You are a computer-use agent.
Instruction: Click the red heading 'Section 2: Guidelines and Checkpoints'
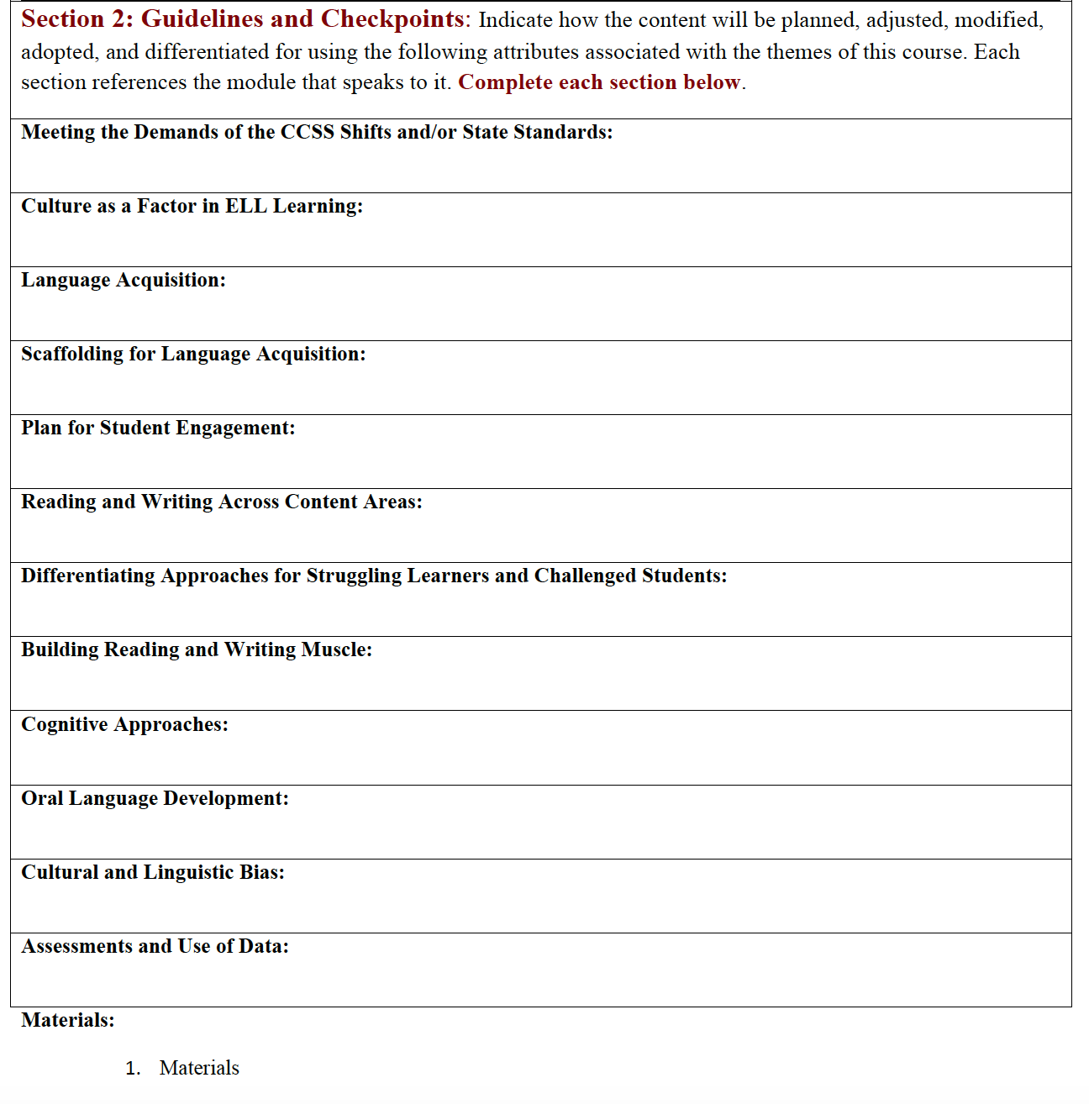pyautogui.click(x=242, y=19)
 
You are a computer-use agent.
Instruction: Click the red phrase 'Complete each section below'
pyautogui.click(x=599, y=82)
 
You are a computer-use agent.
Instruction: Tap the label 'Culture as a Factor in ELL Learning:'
pyautogui.click(x=192, y=207)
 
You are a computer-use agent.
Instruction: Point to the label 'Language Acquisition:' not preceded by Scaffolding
pyautogui.click(x=124, y=281)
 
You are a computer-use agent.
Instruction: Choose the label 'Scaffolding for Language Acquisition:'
pyautogui.click(x=193, y=355)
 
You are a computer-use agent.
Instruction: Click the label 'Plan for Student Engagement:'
pyautogui.click(x=158, y=428)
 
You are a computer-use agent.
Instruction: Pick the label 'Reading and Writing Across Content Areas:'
pyautogui.click(x=222, y=502)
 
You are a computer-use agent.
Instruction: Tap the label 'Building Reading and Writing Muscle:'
pyautogui.click(x=197, y=650)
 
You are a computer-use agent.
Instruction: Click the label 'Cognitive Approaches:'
pyautogui.click(x=124, y=725)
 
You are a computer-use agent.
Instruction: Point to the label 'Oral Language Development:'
pyautogui.click(x=155, y=799)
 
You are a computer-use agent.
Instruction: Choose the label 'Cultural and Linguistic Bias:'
pyautogui.click(x=153, y=873)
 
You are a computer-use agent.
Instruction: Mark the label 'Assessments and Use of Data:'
pyautogui.click(x=155, y=947)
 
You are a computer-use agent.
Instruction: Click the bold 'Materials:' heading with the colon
pyautogui.click(x=68, y=1021)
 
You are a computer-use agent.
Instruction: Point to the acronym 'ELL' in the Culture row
pyautogui.click(x=245, y=207)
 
